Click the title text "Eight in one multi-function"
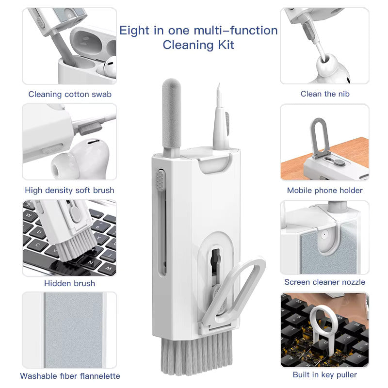[198, 31]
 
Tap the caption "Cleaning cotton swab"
[70, 94]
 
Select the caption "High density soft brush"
[70, 190]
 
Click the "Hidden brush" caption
[70, 283]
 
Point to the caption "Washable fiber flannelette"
[70, 375]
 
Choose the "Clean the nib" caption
[324, 94]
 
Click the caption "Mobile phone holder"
[324, 190]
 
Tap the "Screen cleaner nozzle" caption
[324, 282]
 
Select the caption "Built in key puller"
[324, 374]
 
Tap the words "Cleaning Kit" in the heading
[198, 45]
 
